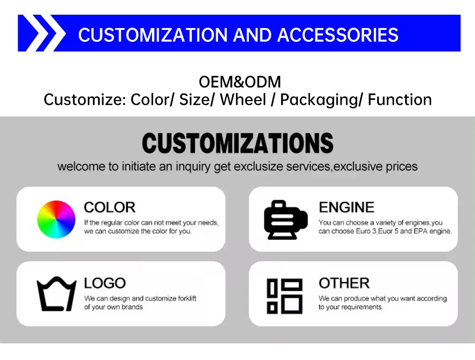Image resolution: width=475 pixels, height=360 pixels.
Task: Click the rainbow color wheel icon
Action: (56, 219)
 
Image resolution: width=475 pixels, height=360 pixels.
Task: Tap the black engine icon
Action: (285, 219)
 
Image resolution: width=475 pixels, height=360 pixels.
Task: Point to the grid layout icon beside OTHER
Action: (285, 295)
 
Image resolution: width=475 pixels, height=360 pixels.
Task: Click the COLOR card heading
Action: (109, 207)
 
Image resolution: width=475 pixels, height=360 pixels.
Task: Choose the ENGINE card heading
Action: (346, 207)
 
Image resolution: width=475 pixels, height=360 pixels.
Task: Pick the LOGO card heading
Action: (104, 283)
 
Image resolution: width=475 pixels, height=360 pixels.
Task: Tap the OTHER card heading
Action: (344, 283)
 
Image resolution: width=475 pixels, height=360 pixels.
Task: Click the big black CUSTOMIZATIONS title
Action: (237, 143)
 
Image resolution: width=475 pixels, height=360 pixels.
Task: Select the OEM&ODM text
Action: (240, 82)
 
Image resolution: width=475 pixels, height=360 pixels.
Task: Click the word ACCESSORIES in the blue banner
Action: (338, 35)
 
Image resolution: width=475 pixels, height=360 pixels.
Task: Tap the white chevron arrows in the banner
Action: (42, 33)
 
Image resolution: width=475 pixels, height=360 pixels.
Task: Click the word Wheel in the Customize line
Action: (243, 100)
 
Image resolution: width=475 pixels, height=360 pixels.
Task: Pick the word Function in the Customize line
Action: (400, 100)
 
